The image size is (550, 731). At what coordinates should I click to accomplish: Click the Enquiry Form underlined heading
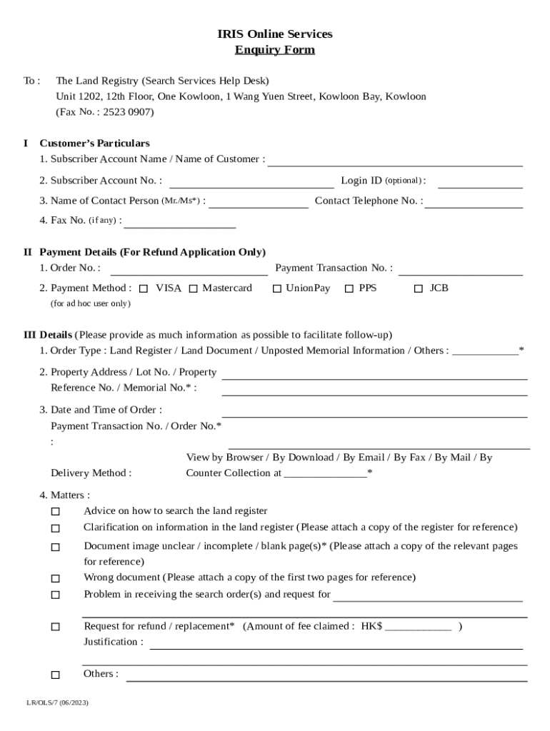275,50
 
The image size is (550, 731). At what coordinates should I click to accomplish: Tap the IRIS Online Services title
275,34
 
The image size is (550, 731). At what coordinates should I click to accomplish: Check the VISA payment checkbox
144,289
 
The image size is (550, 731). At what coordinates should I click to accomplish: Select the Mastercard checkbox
194,289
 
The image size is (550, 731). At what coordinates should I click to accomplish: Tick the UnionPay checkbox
277,289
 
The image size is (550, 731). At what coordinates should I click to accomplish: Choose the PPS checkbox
349,289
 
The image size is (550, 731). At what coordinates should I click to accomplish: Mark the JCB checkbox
419,289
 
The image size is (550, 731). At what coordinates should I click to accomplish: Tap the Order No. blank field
189,269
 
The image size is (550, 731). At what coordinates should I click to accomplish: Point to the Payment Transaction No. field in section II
461,269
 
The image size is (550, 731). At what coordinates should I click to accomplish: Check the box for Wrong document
56,578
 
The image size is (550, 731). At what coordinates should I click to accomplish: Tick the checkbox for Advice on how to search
56,512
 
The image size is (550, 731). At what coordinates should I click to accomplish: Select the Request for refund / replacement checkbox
56,627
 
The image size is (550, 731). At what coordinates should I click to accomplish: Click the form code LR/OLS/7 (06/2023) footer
58,703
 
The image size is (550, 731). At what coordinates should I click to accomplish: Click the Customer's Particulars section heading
94,143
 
